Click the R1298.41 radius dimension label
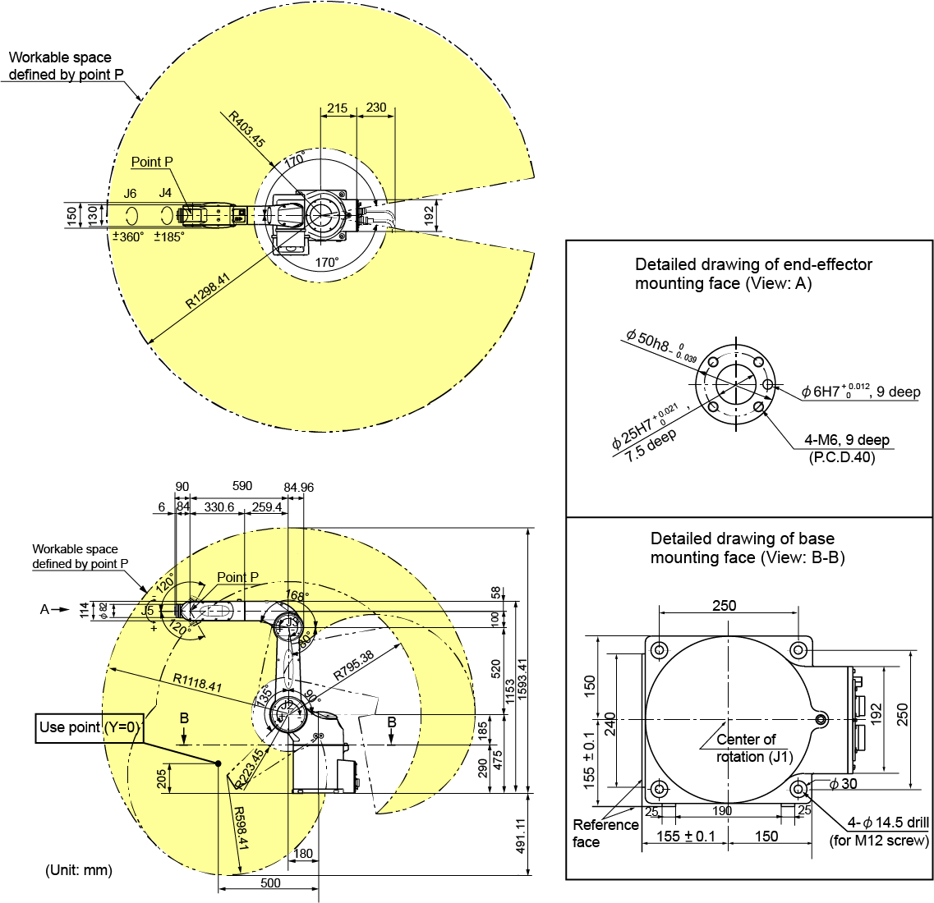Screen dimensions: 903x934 [x=208, y=291]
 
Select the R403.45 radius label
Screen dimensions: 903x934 [x=246, y=130]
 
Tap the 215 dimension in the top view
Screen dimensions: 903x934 [x=337, y=108]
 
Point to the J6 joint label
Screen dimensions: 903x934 [x=130, y=194]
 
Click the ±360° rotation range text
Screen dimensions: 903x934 [x=127, y=236]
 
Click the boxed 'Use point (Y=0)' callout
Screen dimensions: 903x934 [x=90, y=727]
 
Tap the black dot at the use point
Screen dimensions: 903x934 [x=219, y=764]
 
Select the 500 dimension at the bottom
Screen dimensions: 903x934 [x=269, y=883]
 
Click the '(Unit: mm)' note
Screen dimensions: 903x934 [x=78, y=870]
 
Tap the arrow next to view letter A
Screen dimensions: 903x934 [x=62, y=609]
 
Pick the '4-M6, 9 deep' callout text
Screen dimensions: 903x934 [x=846, y=440]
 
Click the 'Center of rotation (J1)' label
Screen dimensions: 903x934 [x=746, y=748]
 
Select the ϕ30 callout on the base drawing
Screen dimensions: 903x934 [x=843, y=784]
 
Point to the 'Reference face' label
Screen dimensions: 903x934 [x=605, y=833]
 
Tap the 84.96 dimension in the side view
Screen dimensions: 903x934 [x=298, y=487]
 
